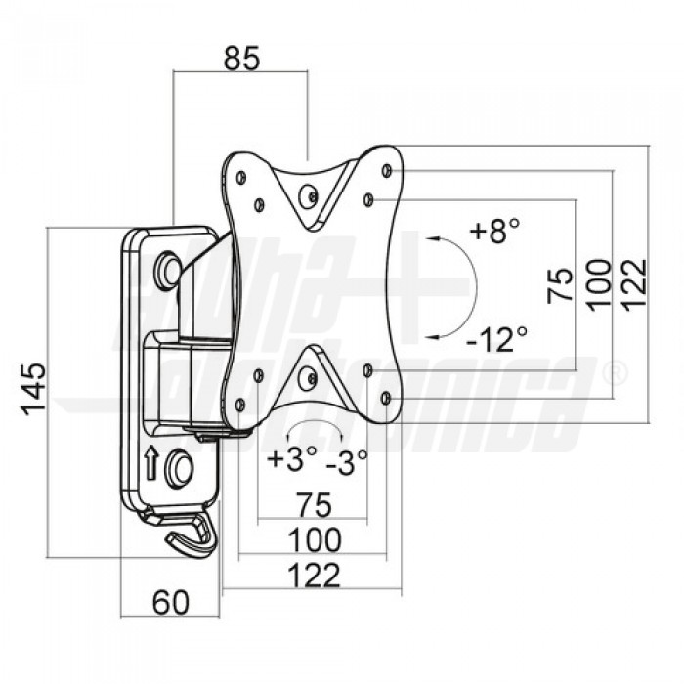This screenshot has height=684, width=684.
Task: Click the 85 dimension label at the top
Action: coord(241,58)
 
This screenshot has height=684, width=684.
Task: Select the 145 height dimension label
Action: coord(33,389)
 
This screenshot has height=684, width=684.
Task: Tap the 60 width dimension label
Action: coord(171,602)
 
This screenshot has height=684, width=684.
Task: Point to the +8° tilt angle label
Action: coord(494,230)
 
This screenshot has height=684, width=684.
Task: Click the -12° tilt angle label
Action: coord(496,339)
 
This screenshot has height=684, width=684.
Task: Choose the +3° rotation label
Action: coord(292,458)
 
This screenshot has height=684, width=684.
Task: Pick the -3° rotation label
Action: coord(347,462)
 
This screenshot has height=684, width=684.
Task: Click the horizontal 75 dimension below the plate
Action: coord(314,504)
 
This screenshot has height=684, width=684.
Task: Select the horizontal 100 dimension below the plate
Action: coord(315,540)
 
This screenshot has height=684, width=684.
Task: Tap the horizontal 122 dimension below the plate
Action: coord(314,576)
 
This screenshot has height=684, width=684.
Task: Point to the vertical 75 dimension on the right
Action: coord(560,285)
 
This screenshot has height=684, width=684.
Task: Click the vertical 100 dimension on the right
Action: coord(598,285)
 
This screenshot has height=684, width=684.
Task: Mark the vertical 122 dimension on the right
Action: coord(633,285)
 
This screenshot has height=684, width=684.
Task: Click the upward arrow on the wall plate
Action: coord(150,462)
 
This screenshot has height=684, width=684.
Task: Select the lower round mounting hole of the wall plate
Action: coord(179,468)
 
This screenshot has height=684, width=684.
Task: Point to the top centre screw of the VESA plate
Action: coord(308,197)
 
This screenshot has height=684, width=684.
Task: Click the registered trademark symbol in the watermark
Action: coord(615,375)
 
